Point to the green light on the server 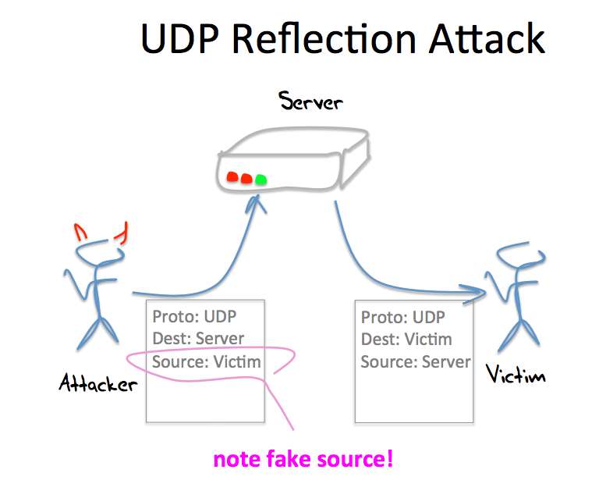point(261,180)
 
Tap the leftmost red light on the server point(232,177)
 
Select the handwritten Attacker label point(97,382)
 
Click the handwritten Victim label point(516,375)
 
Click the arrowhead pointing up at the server point(254,205)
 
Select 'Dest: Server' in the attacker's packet point(198,340)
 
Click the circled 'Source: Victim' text point(207,362)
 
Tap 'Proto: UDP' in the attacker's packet point(194,317)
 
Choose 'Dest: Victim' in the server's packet point(406,340)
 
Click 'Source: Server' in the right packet point(416,362)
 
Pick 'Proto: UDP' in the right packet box point(403,318)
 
